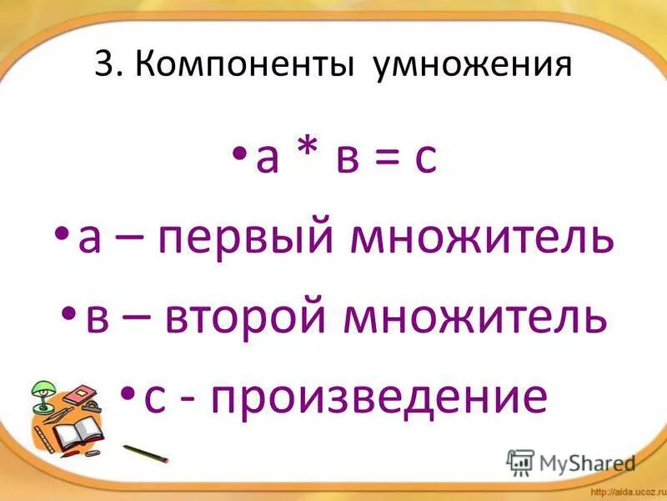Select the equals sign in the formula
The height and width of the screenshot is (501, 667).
point(386,159)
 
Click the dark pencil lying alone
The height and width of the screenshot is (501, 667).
point(145,453)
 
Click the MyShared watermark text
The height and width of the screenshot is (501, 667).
point(584,462)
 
